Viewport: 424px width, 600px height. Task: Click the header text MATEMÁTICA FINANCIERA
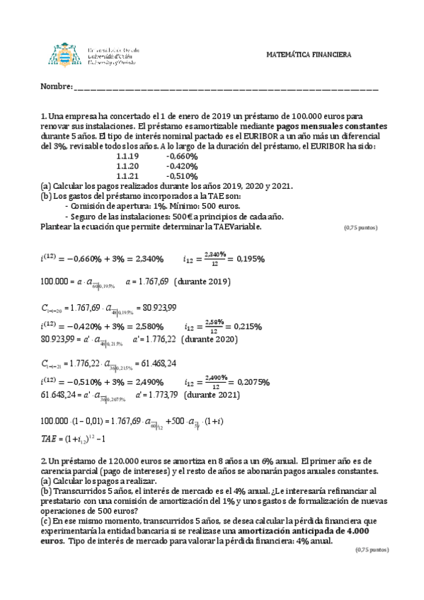click(313, 55)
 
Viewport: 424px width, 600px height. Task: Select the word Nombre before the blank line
click(56, 87)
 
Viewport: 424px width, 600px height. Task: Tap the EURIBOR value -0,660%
click(181, 156)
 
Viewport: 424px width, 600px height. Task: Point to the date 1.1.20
click(127, 166)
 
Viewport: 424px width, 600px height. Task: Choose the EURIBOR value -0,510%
click(181, 175)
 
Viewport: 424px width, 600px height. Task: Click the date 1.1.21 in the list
click(127, 175)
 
